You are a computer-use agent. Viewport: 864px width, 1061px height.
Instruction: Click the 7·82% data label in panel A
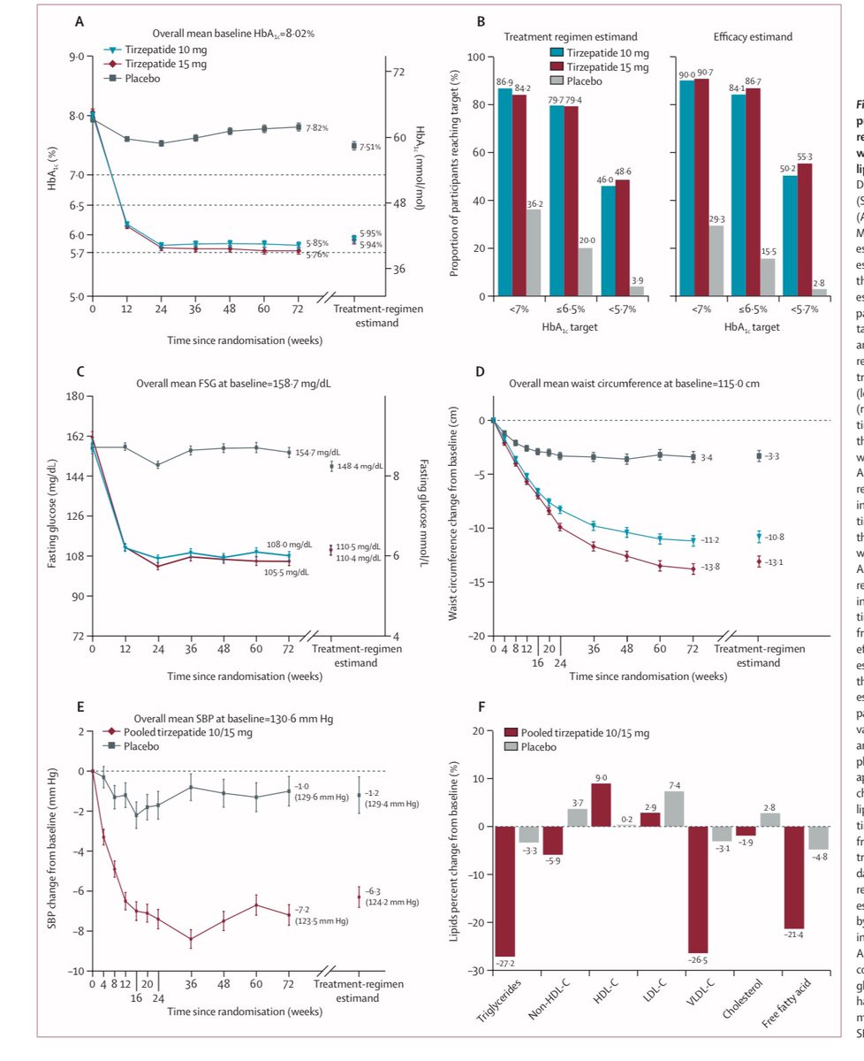point(316,128)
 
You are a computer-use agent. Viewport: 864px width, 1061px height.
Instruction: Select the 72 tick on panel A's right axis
point(398,71)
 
